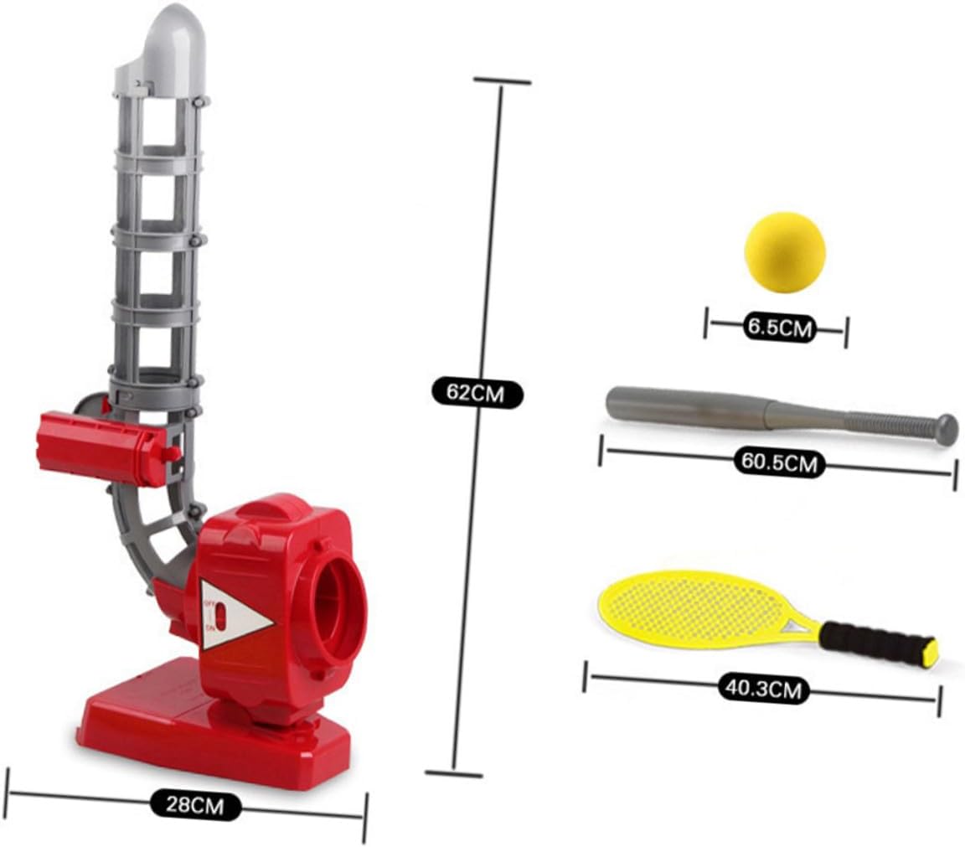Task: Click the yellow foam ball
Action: tap(785, 252)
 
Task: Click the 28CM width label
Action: tap(196, 806)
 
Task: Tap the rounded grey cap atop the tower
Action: tap(173, 38)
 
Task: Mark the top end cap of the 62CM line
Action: tap(502, 81)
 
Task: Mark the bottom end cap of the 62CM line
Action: tap(454, 772)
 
